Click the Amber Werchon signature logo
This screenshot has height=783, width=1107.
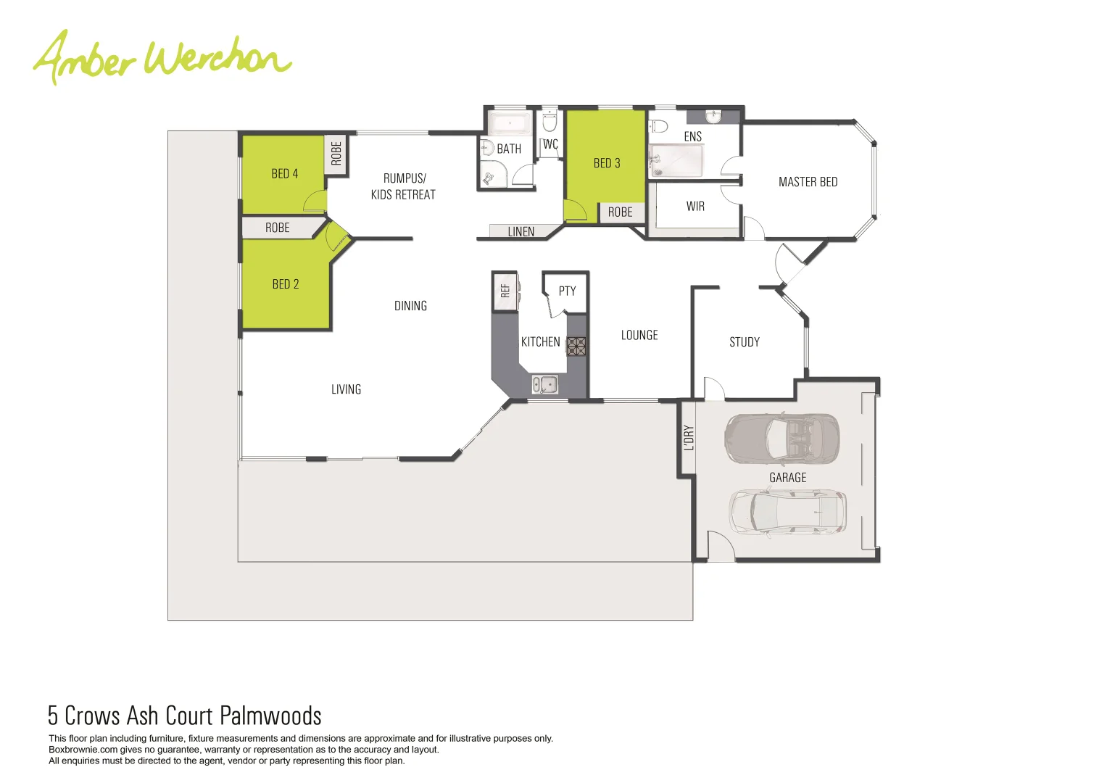click(162, 58)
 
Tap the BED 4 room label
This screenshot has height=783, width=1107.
click(284, 174)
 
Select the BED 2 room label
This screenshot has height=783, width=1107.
click(285, 284)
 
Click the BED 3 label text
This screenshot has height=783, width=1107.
click(607, 163)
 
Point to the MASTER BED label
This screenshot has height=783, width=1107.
click(808, 182)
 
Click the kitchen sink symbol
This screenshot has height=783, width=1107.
click(545, 385)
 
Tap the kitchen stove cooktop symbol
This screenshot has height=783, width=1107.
click(576, 346)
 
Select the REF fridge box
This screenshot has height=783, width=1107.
click(505, 291)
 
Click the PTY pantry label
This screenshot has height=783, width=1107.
click(567, 291)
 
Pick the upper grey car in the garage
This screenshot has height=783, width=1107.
click(781, 439)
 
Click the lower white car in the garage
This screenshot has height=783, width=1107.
click(787, 513)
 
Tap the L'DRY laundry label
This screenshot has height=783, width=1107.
click(689, 438)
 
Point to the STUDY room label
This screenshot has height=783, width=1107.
click(745, 342)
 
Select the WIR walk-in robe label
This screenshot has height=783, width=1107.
click(695, 207)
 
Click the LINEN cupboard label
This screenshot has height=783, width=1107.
click(521, 232)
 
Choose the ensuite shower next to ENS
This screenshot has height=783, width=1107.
click(676, 161)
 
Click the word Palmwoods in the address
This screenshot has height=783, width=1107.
click(270, 716)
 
